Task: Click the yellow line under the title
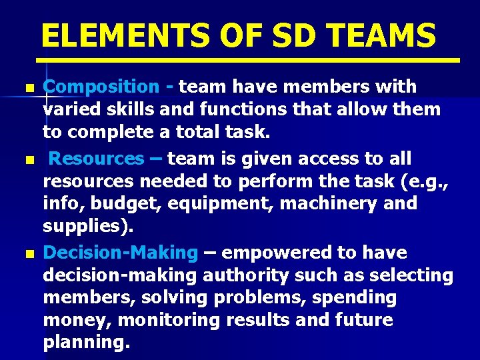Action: (251, 60)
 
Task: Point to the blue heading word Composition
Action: (101, 87)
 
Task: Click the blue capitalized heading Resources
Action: (96, 159)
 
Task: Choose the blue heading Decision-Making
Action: (121, 253)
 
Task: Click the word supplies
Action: (85, 227)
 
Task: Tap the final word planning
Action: (85, 343)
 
